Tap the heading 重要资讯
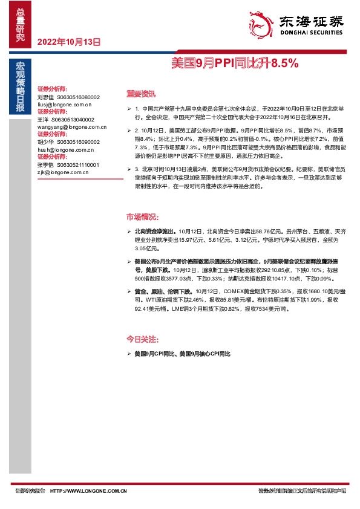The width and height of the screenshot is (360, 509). pyautogui.click(x=140, y=94)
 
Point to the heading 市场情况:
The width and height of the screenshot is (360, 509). pyautogui.click(x=143, y=217)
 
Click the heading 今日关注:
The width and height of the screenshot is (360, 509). pyautogui.click(x=142, y=338)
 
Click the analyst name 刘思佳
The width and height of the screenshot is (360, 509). pyautogui.click(x=45, y=97)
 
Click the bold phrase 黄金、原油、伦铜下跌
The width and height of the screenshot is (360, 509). pyautogui.click(x=162, y=291)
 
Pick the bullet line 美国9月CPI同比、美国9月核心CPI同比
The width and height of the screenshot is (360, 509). pyautogui.click(x=183, y=352)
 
